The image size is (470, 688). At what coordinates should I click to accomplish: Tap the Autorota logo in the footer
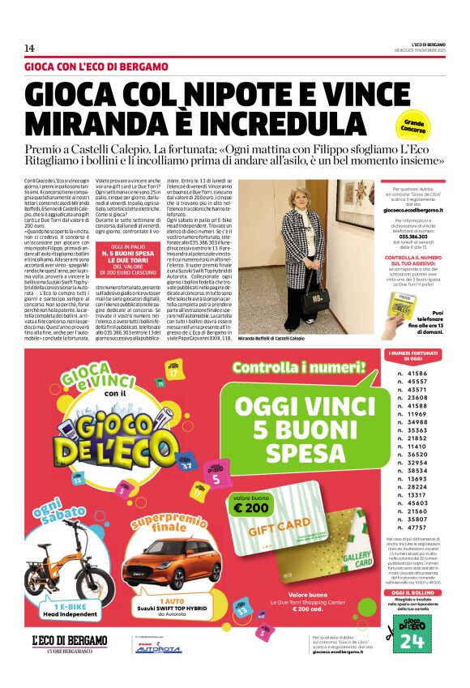coord(159,649)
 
